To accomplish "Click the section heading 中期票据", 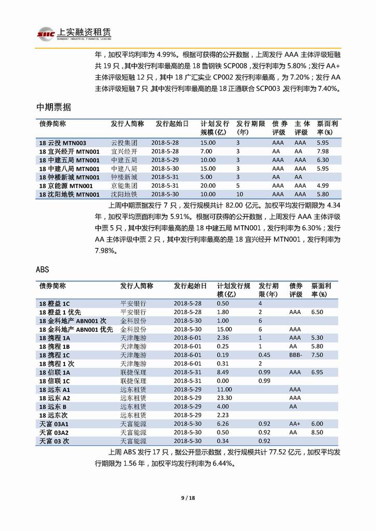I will pos(54,107).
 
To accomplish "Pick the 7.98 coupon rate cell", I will pos(323,152).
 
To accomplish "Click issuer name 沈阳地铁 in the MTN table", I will pos(124,195).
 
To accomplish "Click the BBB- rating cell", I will pos(297,355).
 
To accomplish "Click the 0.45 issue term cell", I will pos(264,355).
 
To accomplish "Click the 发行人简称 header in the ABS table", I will pos(137,286).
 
